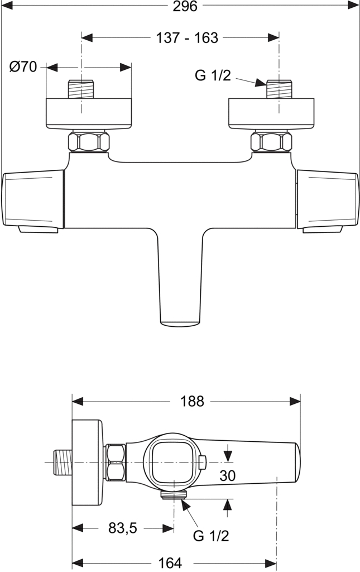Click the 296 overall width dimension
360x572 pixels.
(185, 6)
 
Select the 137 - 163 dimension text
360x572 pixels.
(187, 38)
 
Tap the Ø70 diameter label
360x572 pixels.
(23, 67)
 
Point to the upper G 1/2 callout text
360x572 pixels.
(213, 75)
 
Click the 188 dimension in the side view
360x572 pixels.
(192, 402)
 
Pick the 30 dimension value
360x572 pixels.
(227, 476)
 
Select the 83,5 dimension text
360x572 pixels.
(122, 528)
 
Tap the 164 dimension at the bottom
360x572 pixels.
(170, 563)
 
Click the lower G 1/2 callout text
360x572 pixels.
(211, 536)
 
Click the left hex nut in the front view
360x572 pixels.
(89, 141)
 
